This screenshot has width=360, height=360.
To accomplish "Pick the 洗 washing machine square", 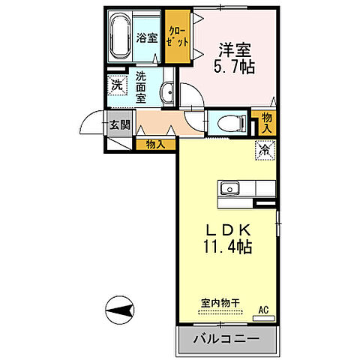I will (117, 85).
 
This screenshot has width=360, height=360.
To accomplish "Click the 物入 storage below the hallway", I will (156, 144).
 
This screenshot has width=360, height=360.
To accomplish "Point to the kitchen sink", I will (229, 187).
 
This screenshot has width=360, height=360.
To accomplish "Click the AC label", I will (263, 308).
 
